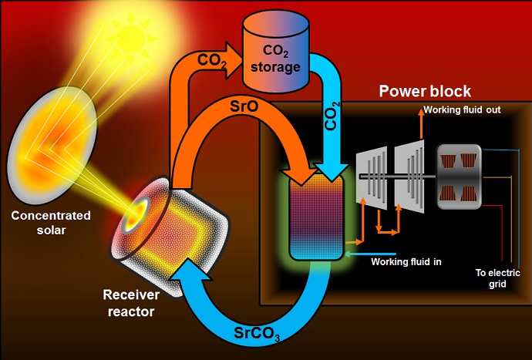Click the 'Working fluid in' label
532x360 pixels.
[x=406, y=262]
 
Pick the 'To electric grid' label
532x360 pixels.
[x=497, y=278]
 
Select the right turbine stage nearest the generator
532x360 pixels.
[x=409, y=178]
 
